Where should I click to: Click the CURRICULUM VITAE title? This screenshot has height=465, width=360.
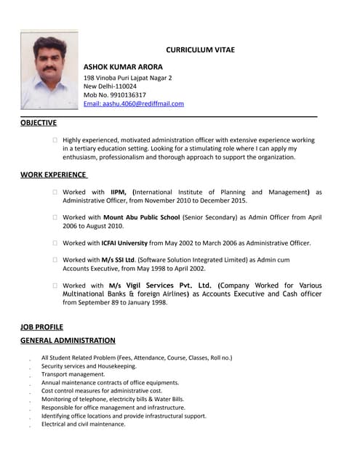point(200,49)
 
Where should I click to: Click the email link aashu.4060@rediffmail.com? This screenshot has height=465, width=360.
point(134,103)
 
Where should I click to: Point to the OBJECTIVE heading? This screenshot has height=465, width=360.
point(39,123)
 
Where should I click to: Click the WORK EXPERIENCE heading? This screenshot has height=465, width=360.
point(53,175)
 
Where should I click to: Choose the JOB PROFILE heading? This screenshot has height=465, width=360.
point(41,327)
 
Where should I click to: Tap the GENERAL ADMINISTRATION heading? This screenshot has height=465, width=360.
point(68,340)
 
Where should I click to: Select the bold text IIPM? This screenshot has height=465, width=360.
point(119,192)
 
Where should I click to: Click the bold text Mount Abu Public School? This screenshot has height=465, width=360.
point(141,217)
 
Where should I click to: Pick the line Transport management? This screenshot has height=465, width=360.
point(73,374)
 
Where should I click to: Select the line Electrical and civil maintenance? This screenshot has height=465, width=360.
point(83,424)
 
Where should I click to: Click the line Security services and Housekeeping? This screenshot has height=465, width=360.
point(89,366)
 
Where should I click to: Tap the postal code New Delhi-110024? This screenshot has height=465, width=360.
point(110,86)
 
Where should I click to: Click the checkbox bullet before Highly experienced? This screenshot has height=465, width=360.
point(55,140)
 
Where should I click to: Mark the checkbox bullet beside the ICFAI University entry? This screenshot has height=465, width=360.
point(55,243)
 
